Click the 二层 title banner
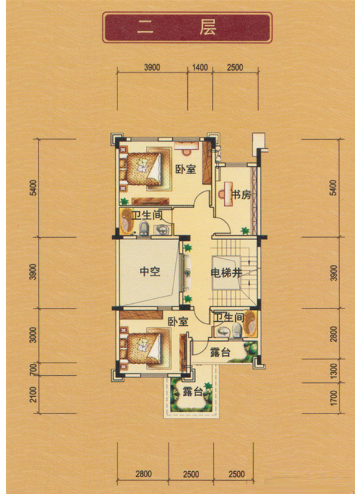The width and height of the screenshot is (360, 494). click(x=187, y=28)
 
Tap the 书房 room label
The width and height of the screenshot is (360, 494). click(x=241, y=195)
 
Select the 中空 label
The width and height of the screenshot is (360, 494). click(x=150, y=271)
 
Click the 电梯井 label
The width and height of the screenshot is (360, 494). click(x=226, y=273)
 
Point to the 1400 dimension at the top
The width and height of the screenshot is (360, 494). click(x=200, y=67)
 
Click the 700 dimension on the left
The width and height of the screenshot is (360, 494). click(x=34, y=369)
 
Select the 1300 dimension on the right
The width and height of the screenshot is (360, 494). click(x=334, y=371)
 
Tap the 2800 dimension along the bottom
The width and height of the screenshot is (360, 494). click(x=143, y=474)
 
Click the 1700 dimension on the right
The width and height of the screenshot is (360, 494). click(x=334, y=397)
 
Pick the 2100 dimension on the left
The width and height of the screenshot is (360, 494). click(x=34, y=394)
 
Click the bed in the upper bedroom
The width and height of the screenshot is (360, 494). click(x=143, y=169)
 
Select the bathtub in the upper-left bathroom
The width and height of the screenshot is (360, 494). click(x=127, y=221)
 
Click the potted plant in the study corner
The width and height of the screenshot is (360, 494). click(x=245, y=230)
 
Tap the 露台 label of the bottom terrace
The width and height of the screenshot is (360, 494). click(x=193, y=391)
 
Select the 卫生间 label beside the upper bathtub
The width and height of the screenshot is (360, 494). click(x=147, y=216)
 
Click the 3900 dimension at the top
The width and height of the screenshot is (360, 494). click(x=152, y=67)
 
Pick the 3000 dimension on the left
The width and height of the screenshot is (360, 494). click(x=34, y=335)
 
